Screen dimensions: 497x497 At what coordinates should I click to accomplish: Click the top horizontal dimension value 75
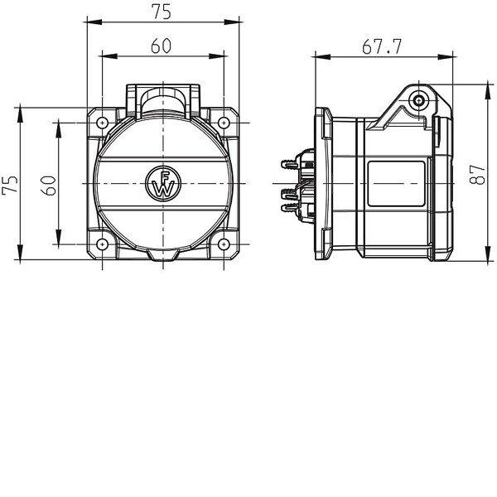162,12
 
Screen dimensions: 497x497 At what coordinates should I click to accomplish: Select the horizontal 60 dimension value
161,46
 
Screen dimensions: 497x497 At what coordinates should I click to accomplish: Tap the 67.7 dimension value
382,46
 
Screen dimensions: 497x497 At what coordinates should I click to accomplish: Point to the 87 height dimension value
477,175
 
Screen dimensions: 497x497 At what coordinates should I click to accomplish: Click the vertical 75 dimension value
10,184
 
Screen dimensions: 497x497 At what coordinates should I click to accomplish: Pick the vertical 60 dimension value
49,186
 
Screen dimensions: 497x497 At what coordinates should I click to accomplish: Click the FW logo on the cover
163,184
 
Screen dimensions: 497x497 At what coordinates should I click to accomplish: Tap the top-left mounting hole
102,123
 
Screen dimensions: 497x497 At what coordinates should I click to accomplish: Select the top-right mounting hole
224,123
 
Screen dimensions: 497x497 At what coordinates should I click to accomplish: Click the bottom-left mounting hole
102,244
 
